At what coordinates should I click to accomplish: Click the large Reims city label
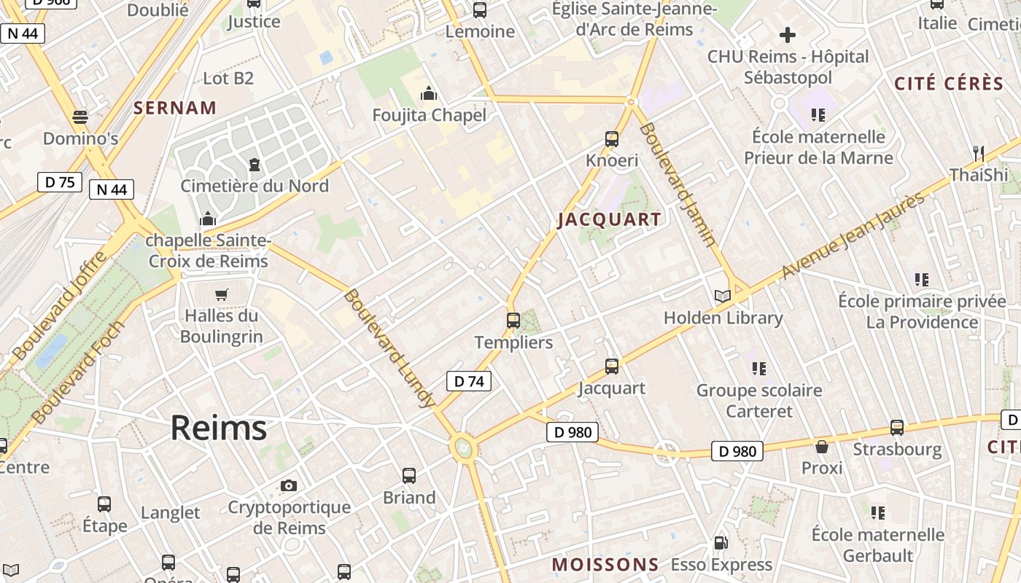click(x=218, y=428)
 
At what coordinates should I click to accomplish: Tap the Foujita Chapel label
click(x=429, y=115)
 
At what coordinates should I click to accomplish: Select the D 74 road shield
click(x=468, y=380)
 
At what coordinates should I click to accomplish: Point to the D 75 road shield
click(x=60, y=182)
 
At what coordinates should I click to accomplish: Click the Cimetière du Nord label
click(x=255, y=186)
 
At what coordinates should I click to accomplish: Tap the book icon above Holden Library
click(x=722, y=296)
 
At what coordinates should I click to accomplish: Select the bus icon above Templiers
click(x=513, y=320)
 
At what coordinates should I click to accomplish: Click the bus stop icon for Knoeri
click(x=612, y=138)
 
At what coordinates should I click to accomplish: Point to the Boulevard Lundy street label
click(x=389, y=348)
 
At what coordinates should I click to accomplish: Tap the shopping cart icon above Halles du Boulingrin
click(x=221, y=294)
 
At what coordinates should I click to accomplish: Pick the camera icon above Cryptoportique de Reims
click(x=289, y=485)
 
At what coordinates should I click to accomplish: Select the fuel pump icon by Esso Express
click(x=721, y=542)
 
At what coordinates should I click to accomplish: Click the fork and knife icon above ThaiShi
click(x=978, y=153)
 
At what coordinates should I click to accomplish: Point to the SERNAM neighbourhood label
click(x=175, y=108)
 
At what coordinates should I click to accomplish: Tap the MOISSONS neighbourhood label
click(x=605, y=565)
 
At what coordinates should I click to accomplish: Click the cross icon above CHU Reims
click(x=787, y=34)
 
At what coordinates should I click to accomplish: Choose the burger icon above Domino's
click(x=80, y=117)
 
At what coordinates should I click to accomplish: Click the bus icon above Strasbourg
click(x=897, y=427)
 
